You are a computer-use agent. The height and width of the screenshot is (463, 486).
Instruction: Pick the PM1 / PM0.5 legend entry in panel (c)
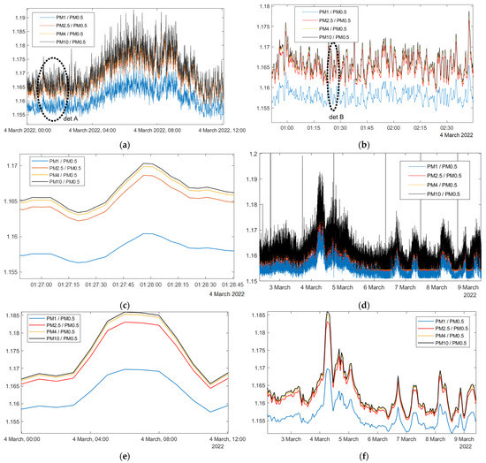coord(65,163)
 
